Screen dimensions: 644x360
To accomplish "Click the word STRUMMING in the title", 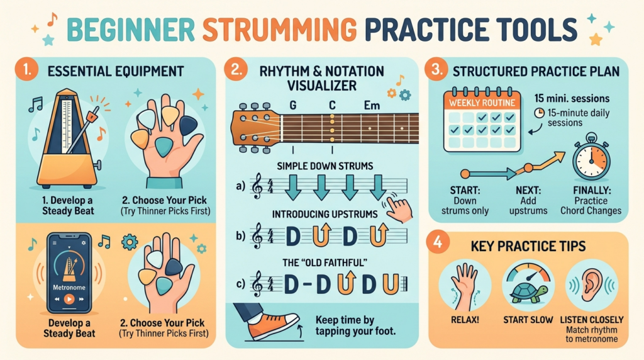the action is pyautogui.click(x=280, y=29).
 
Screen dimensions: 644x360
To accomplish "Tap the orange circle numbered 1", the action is pyautogui.click(x=26, y=69).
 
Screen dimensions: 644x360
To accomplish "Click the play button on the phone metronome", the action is pyautogui.click(x=69, y=299).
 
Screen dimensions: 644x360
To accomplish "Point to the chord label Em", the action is pyautogui.click(x=372, y=106).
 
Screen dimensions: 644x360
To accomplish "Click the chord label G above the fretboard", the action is pyautogui.click(x=293, y=106).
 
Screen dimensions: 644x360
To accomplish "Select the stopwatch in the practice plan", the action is pyautogui.click(x=591, y=157).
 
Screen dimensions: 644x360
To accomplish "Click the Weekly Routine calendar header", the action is pyautogui.click(x=482, y=103).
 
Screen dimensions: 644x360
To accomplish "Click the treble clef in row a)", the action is pyautogui.click(x=257, y=186).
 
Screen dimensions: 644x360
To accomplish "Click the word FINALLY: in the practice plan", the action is pyautogui.click(x=591, y=191).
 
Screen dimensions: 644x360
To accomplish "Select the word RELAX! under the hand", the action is pyautogui.click(x=465, y=320).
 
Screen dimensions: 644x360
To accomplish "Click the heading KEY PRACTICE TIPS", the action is pyautogui.click(x=528, y=246).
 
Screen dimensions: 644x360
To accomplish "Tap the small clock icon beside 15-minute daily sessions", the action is pyautogui.click(x=539, y=113).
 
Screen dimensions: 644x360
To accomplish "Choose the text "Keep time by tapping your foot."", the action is pyautogui.click(x=355, y=325).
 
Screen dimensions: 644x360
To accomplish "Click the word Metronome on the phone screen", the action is pyautogui.click(x=69, y=288).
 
